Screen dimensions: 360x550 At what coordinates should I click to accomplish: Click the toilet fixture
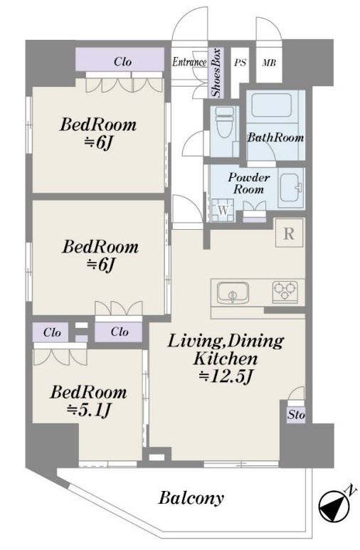coord(225,124)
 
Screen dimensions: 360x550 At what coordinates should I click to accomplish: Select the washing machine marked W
coord(223,210)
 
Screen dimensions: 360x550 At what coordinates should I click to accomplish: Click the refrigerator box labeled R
coord(289,233)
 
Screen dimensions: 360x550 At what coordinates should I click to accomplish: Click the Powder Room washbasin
coord(291,189)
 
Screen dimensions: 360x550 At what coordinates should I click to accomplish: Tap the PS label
coord(240,63)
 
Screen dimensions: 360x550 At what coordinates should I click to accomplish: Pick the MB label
coord(269,63)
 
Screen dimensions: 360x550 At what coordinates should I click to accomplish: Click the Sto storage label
coord(296,415)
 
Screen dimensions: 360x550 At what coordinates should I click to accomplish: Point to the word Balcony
coord(191,498)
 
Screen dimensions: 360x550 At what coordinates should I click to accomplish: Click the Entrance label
coord(189,62)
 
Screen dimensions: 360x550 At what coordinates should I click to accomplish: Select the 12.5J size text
coord(226,376)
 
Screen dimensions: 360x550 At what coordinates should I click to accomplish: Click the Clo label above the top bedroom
coord(123,62)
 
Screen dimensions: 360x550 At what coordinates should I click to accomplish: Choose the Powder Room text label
coord(249,183)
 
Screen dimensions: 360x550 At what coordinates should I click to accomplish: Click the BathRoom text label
coord(275,137)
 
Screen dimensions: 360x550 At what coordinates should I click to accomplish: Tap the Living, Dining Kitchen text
coord(226,350)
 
